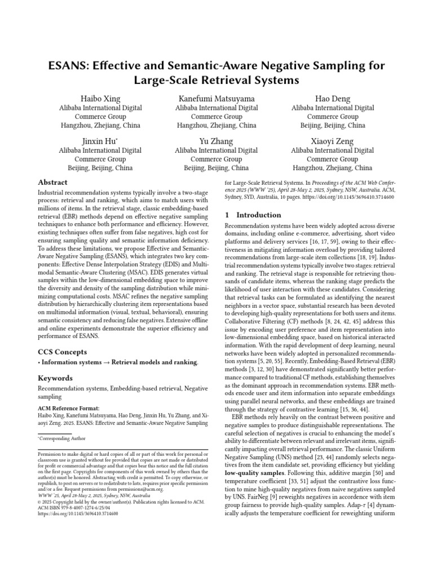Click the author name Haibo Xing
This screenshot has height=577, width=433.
point(101,99)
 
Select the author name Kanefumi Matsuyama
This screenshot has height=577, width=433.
point(216,99)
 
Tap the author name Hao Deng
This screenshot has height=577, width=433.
point(332,99)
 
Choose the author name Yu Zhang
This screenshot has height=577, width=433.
point(216,141)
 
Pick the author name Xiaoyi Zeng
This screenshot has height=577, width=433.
point(332,141)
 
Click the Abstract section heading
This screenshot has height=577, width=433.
point(52,183)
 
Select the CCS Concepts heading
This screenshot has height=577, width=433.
point(61,352)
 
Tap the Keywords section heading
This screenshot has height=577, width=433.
point(56,378)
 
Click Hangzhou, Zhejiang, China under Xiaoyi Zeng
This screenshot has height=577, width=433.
point(332,168)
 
